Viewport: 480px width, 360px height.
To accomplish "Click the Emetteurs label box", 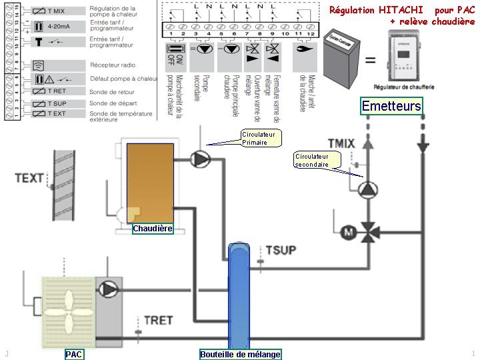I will pos(391,106).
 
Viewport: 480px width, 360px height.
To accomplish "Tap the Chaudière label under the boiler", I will pos(153,229).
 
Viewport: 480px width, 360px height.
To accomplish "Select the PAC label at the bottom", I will pos(74,355).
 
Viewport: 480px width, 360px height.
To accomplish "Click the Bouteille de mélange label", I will pos(241,355).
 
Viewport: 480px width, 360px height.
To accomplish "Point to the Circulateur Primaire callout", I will pos(261,139).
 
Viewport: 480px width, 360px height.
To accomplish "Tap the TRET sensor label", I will pos(159,320).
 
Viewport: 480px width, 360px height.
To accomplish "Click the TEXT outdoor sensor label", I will pos(29,178).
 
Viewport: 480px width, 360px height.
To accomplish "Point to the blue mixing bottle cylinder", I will pos(239,293).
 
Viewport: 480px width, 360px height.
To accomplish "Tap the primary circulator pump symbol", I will pos(200,159).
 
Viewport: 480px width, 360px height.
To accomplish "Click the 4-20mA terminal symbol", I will pos(57,28).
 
